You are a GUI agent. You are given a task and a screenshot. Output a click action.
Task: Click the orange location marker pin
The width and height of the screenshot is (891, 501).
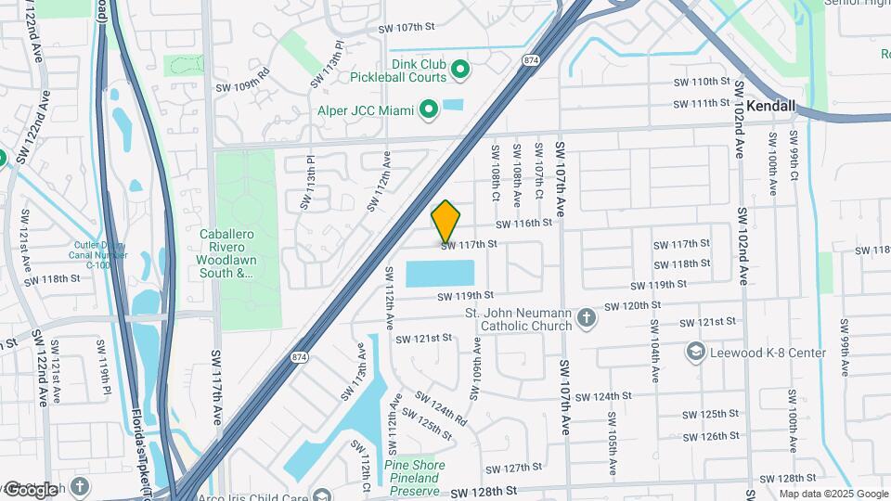[446, 222]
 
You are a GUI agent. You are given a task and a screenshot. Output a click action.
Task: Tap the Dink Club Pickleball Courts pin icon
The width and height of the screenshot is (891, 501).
[459, 70]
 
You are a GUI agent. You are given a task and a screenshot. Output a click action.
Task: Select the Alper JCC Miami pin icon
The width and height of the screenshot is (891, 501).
[428, 112]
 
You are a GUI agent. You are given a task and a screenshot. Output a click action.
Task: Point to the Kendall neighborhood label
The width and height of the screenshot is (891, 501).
[771, 107]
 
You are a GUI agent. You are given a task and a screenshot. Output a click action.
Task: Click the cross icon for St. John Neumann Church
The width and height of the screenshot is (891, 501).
[585, 319]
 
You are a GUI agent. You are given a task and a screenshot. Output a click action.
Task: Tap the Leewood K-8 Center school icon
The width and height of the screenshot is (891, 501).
[696, 353]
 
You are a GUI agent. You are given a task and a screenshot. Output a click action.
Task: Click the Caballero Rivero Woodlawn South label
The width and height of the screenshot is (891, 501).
[227, 253]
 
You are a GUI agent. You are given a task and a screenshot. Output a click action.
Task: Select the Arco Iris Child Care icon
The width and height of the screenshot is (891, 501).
[322, 495]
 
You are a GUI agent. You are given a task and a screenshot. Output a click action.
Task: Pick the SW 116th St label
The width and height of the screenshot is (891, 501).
[523, 224]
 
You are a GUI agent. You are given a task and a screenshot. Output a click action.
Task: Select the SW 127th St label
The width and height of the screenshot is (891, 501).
[513, 469]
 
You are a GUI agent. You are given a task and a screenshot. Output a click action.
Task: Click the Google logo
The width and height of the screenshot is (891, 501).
[30, 489]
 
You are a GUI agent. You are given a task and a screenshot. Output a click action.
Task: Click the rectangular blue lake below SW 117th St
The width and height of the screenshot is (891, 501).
[440, 274]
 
